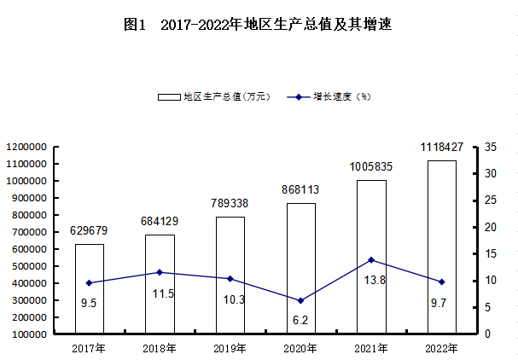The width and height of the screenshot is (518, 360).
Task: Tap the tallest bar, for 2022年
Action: [441, 247]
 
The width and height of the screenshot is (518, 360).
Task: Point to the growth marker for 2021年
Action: [371, 259]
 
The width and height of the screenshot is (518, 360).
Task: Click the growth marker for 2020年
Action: [300, 300]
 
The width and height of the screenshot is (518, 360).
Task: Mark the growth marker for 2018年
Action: [160, 272]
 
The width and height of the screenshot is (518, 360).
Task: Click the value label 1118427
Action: [442, 148]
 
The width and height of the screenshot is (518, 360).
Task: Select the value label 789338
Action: [230, 204]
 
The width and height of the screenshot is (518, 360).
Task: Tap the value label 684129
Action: [160, 222]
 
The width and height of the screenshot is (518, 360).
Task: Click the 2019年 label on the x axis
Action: [230, 348]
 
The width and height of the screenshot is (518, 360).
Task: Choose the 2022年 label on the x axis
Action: [441, 348]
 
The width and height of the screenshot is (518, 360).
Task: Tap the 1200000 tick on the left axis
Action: [26, 148]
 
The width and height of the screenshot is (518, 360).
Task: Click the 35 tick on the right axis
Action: [489, 148]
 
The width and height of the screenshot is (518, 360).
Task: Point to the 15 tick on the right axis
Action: [489, 253]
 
